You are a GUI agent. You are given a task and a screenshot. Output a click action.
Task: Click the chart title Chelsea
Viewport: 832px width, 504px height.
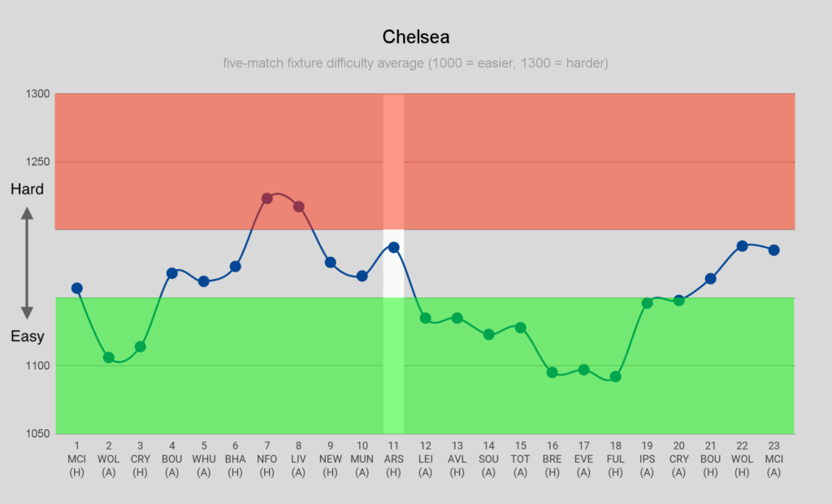click(x=415, y=37)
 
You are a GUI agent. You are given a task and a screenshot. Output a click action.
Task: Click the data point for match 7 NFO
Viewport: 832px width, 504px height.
click(x=266, y=198)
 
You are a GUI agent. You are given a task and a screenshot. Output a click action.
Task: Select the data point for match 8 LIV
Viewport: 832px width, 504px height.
click(x=298, y=206)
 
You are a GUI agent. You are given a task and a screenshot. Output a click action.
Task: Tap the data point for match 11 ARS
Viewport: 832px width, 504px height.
click(x=393, y=247)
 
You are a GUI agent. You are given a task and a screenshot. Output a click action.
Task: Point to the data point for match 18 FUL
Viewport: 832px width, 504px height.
click(x=615, y=376)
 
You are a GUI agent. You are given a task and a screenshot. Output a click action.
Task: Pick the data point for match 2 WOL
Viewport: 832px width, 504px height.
click(x=109, y=357)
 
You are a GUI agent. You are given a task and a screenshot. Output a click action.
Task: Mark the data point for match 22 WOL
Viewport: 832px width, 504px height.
click(x=742, y=245)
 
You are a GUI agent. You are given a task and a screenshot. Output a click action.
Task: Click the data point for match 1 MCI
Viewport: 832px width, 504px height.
click(x=77, y=288)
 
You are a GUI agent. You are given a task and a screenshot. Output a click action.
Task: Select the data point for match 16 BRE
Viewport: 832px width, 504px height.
click(x=552, y=372)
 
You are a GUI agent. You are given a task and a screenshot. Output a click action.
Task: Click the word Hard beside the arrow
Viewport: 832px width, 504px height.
click(x=27, y=189)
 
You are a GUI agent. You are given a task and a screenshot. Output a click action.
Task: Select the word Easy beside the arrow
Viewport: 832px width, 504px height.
click(x=27, y=337)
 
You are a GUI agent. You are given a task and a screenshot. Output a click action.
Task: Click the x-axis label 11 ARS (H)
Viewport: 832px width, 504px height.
click(x=393, y=459)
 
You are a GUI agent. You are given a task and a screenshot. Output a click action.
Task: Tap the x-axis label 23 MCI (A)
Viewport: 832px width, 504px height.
click(x=773, y=459)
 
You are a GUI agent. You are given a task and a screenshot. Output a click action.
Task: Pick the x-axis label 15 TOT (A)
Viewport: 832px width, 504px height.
click(x=520, y=459)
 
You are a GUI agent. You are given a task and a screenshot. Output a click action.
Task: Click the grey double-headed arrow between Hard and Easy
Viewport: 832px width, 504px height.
click(x=27, y=263)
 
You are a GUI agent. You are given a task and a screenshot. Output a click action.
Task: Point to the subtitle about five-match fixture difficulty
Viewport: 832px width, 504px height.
click(x=415, y=63)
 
